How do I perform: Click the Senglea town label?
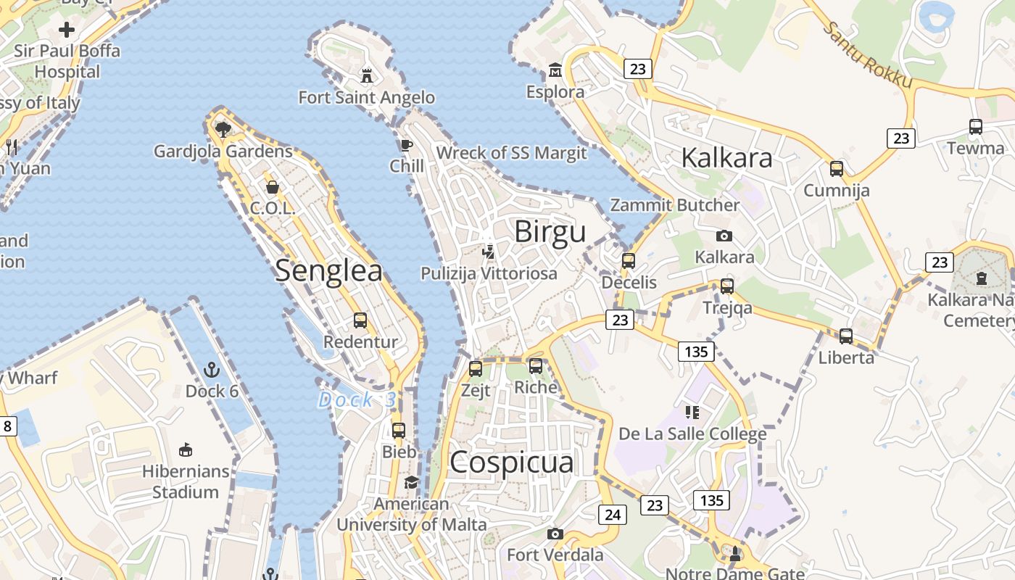click(x=328, y=270)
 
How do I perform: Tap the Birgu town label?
click(x=550, y=232)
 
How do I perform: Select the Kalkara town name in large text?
click(x=727, y=157)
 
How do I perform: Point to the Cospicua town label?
click(x=511, y=462)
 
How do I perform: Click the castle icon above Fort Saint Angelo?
click(x=367, y=75)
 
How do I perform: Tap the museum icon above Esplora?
click(x=555, y=70)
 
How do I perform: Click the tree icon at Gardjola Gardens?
click(x=223, y=130)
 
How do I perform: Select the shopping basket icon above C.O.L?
click(x=273, y=187)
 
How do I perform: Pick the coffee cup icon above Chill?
click(x=406, y=145)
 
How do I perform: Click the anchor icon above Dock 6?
click(x=211, y=370)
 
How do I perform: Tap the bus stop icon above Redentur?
click(x=360, y=320)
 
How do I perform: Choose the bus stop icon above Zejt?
click(x=476, y=368)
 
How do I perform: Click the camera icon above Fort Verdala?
click(x=555, y=534)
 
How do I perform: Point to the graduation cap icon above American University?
click(x=411, y=482)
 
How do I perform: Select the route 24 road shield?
click(x=613, y=515)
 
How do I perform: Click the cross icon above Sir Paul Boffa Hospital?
click(x=67, y=30)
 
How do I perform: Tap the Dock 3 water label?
click(x=357, y=399)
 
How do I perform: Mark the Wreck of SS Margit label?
click(x=511, y=153)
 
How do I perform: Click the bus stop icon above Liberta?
click(x=846, y=336)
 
